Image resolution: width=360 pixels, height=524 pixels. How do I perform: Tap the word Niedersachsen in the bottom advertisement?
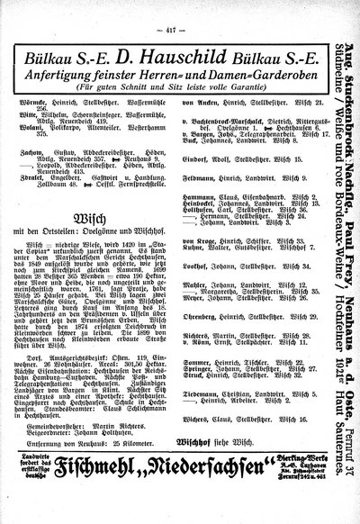(x=200, y=490)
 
